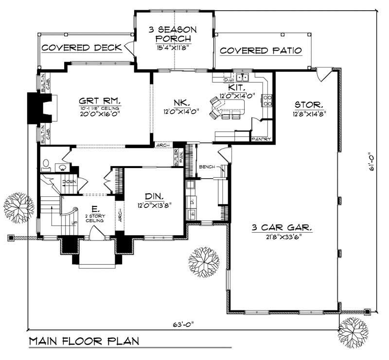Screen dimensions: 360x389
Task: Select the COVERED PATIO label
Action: pyautogui.click(x=261, y=51)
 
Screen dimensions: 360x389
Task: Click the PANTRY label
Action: pyautogui.click(x=261, y=139)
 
